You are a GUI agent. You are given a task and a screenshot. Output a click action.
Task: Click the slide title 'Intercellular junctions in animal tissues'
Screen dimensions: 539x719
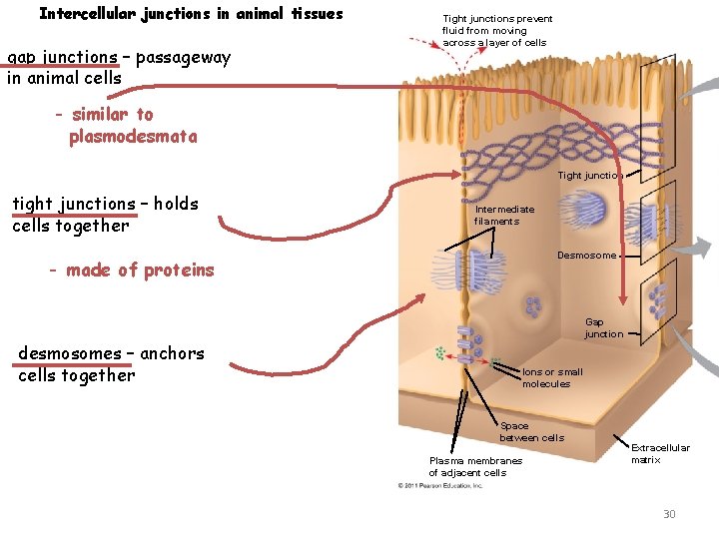pyautogui.click(x=191, y=14)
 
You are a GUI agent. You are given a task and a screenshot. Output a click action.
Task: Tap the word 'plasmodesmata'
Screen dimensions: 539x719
pyautogui.click(x=133, y=137)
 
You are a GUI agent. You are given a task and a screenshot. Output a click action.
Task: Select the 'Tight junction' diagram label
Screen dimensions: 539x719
pyautogui.click(x=590, y=176)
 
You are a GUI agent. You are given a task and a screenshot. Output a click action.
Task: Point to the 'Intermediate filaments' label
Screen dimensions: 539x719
pyautogui.click(x=504, y=216)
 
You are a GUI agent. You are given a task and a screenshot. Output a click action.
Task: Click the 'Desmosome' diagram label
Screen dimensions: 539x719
pyautogui.click(x=587, y=256)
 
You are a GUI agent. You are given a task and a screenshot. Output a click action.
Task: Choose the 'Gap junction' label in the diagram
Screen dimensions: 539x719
pyautogui.click(x=603, y=328)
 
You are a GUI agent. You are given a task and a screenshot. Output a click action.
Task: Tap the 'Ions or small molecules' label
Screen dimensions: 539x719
pyautogui.click(x=552, y=377)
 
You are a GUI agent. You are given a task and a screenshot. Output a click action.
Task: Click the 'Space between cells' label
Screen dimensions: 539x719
pyautogui.click(x=531, y=432)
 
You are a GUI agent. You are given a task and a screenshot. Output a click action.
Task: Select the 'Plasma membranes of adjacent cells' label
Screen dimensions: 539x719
pyautogui.click(x=475, y=466)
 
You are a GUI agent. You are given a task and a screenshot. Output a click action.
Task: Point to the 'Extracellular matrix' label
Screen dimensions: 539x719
pyautogui.click(x=660, y=453)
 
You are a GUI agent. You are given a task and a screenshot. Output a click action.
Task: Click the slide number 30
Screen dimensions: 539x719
pyautogui.click(x=669, y=514)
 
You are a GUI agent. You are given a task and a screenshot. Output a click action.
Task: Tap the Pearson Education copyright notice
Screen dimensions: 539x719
pyautogui.click(x=440, y=486)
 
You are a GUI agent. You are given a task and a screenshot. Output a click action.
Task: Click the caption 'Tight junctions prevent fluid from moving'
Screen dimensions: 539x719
pyautogui.click(x=497, y=31)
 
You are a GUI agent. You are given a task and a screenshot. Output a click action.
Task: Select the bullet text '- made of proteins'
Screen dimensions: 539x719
pyautogui.click(x=132, y=269)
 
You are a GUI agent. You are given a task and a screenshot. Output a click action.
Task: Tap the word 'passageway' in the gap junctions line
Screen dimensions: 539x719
pyautogui.click(x=183, y=57)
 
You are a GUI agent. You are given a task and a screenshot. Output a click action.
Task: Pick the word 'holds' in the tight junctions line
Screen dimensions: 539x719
pyautogui.click(x=176, y=204)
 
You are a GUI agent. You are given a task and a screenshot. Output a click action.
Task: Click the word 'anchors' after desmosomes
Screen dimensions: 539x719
pyautogui.click(x=172, y=353)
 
